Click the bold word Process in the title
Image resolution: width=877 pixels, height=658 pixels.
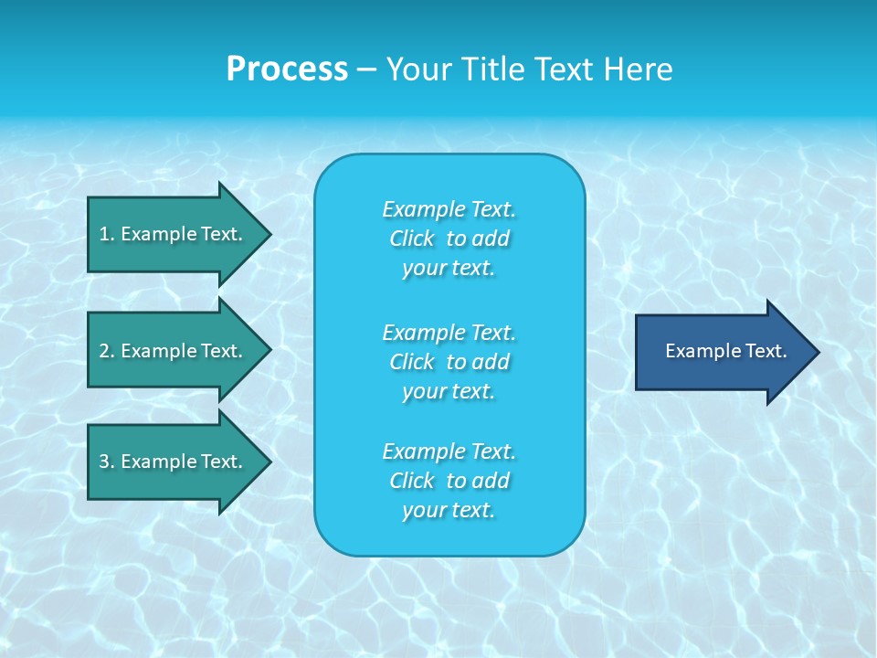tap(287, 69)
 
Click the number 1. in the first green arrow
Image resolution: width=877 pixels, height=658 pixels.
tap(107, 234)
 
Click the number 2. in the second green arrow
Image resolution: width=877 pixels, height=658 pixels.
tap(107, 351)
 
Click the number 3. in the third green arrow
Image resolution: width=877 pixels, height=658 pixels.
tap(107, 462)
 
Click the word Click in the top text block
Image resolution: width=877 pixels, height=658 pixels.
tap(412, 239)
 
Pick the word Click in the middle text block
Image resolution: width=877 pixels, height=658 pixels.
tap(412, 362)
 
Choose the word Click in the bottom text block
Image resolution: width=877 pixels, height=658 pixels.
tap(412, 481)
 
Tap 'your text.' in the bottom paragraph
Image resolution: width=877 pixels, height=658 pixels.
tap(449, 511)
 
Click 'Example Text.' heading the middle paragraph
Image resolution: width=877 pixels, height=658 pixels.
tap(449, 333)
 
